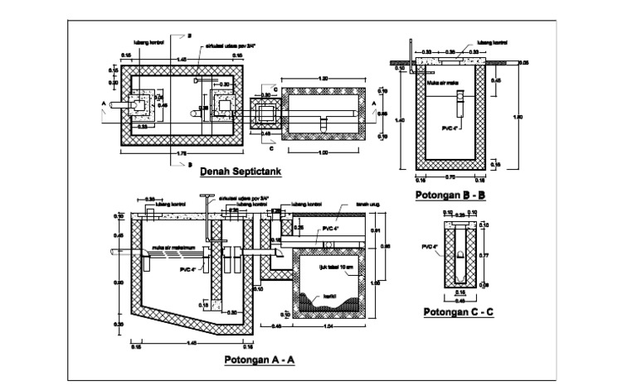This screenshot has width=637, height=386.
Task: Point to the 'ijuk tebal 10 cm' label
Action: coord(335,268)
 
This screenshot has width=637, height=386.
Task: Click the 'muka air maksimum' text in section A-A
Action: coord(172,247)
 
